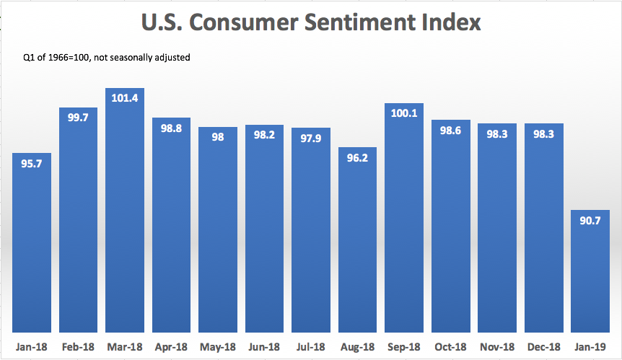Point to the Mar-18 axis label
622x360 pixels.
pos(125,346)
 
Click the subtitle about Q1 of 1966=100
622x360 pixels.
pos(108,56)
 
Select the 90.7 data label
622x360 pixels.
pos(590,221)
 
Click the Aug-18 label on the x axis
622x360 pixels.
pos(357,346)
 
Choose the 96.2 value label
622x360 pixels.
pos(357,157)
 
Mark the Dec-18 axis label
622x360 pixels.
pos(543,346)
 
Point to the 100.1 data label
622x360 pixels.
pos(404,114)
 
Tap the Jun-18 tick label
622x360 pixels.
pos(264,346)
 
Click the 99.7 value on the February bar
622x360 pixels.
pos(78,118)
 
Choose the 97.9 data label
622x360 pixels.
pos(311,139)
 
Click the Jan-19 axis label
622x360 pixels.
pos(590,346)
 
